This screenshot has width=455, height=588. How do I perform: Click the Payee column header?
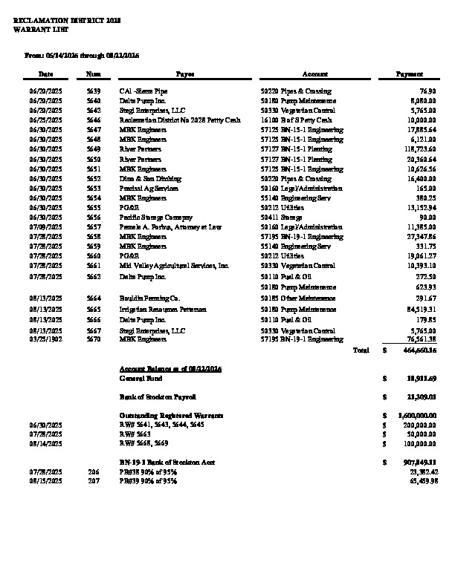tap(185, 74)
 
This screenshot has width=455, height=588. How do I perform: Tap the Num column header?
tap(94, 74)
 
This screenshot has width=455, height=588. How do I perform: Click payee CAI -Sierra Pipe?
tap(143, 91)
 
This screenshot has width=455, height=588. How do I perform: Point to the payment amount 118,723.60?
tap(417, 148)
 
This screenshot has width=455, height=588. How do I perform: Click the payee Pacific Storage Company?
tap(153, 217)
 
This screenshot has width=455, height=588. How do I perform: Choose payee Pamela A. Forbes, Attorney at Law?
tap(170, 226)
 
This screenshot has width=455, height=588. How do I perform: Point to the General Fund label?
tap(139, 378)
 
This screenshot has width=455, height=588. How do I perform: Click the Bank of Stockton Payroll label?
tap(158, 397)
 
